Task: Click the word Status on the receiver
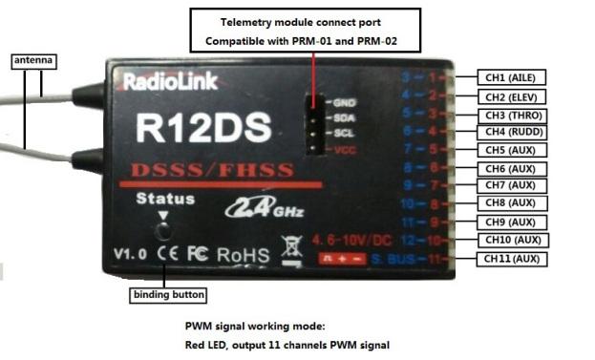point(164,200)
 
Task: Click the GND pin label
point(344,101)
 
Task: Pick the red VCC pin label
point(344,150)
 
